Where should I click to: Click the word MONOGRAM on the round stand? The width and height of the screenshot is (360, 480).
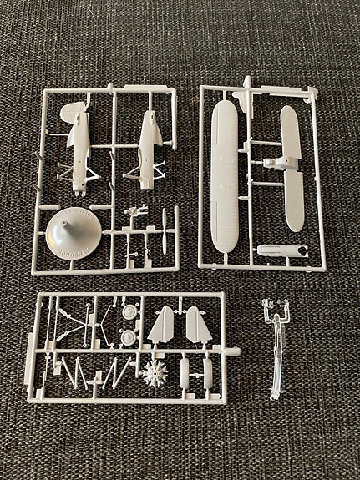68,248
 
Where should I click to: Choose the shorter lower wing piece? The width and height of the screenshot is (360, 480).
292,167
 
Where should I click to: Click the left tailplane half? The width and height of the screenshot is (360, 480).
163,326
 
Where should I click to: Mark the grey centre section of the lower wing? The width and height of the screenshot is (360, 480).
292,168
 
